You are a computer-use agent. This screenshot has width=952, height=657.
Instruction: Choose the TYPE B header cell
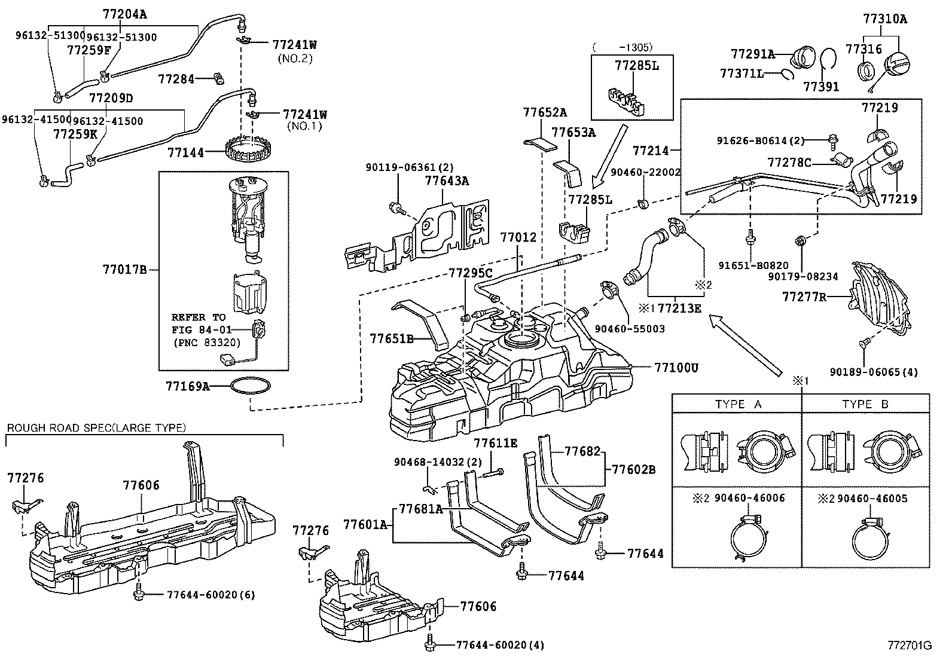pos(865,404)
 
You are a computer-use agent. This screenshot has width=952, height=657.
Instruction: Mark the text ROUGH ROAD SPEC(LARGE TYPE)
pos(96,427)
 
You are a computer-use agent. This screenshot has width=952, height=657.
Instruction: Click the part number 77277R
pos(804,296)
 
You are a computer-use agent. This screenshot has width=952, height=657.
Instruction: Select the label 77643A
pos(447,181)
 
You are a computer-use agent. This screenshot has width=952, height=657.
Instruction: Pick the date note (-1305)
pos(623,47)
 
